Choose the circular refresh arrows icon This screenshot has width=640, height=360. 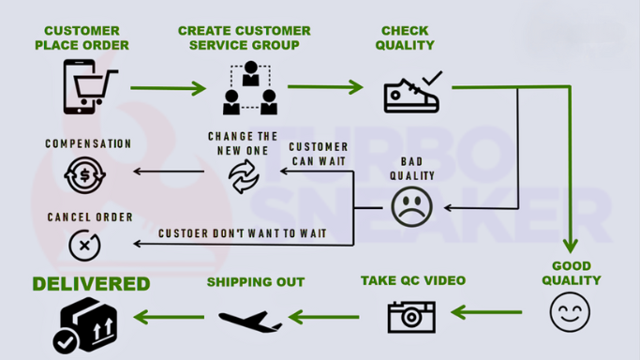243,175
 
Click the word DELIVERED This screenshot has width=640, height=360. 91,283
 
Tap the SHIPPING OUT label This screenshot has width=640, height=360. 256,282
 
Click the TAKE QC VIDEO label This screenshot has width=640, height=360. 412,280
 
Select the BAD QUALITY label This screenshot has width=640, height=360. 411,168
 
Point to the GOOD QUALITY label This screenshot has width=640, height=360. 571,273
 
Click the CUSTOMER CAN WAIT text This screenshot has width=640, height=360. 318,154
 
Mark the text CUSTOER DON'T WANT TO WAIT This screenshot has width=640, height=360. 242,232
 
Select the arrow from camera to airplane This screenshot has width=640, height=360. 323,317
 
